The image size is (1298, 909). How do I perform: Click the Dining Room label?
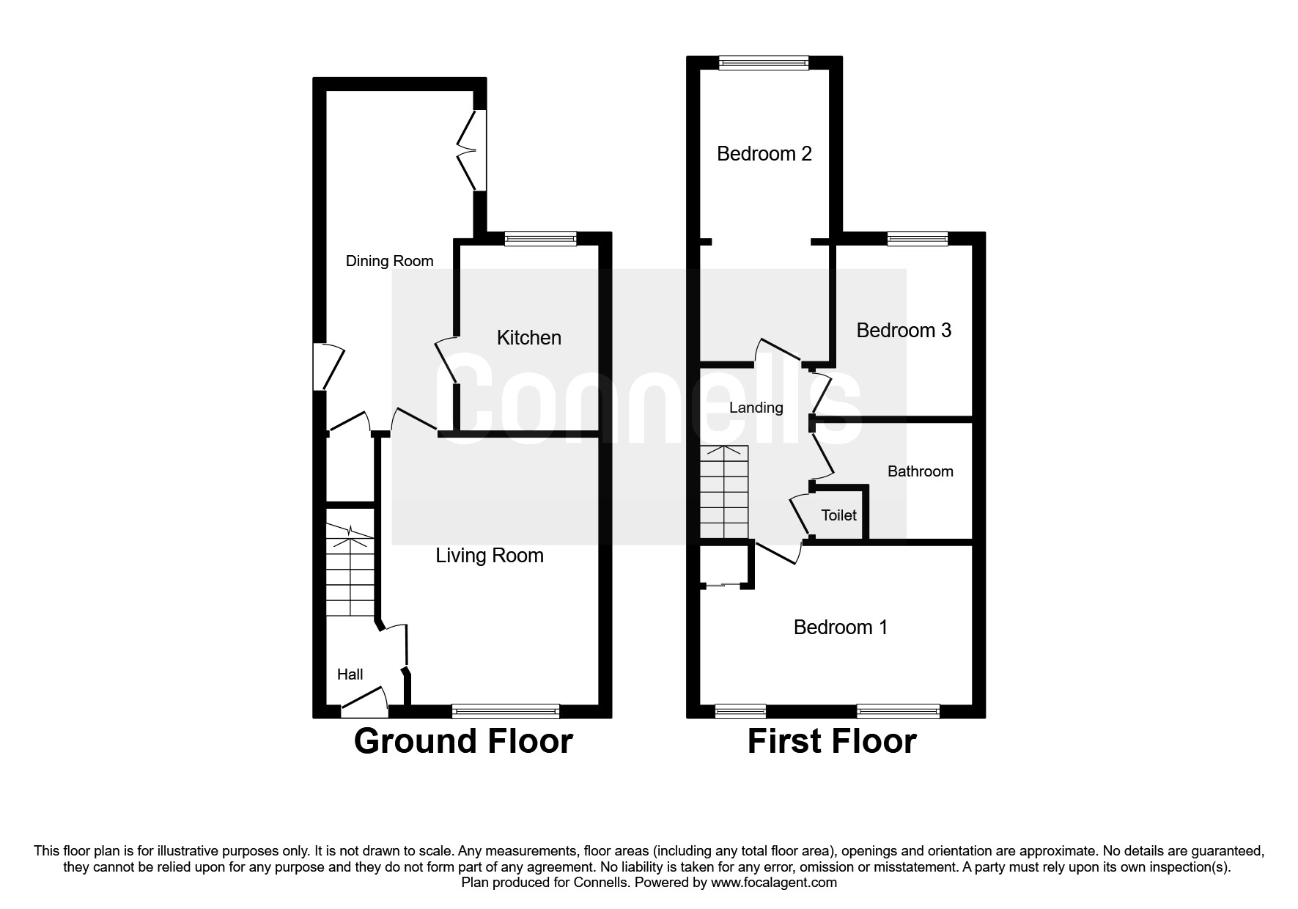[389, 261]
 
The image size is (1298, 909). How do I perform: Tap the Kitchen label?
[528, 337]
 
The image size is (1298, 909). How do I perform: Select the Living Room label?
[490, 556]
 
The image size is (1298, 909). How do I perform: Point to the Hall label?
[350, 674]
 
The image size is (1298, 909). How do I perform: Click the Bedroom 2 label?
[764, 154]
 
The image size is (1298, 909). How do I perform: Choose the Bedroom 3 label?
[903, 331]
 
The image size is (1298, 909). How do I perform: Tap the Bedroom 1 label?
[840, 628]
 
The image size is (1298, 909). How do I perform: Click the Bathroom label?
[920, 471]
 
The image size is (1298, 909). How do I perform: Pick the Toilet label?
[838, 515]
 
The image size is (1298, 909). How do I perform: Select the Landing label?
[756, 408]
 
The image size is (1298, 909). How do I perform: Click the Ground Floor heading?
[462, 741]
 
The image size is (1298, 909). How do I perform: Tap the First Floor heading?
[831, 741]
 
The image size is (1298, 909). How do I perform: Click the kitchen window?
[540, 238]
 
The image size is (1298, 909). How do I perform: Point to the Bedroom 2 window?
[763, 63]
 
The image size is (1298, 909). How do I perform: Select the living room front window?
[506, 710]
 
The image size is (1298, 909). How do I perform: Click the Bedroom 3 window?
[917, 238]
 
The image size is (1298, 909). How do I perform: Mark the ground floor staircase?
[350, 571]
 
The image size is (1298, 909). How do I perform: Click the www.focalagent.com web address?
[773, 883]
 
